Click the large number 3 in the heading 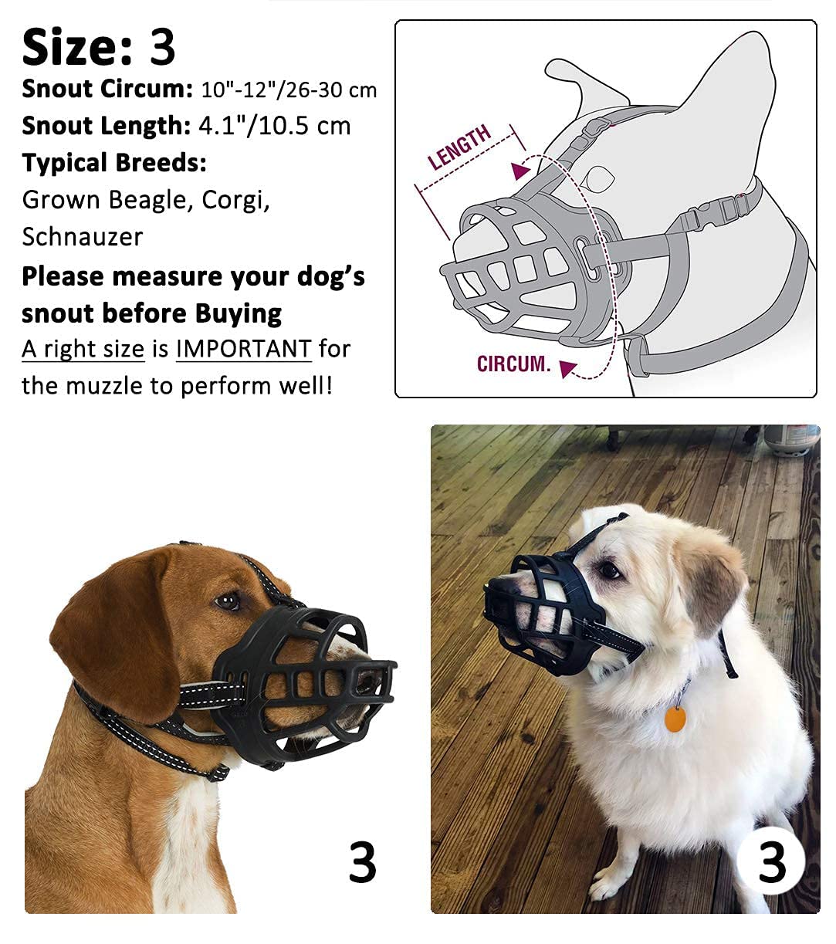[163, 47]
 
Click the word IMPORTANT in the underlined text [243, 350]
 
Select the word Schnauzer [83, 237]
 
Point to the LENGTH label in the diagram [460, 147]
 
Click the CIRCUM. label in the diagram [513, 364]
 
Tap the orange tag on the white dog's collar [675, 719]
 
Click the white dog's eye [610, 570]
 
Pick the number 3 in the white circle [771, 861]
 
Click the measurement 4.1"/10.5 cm [275, 126]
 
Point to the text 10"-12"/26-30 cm [289, 90]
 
